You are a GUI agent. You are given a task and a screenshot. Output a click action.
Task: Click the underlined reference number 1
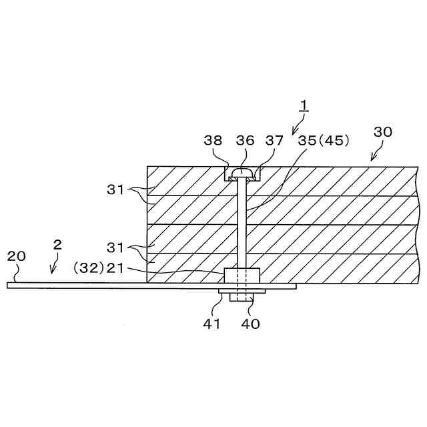click(304, 105)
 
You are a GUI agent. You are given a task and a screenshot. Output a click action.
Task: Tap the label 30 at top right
click(382, 132)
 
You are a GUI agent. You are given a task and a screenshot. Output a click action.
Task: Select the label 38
click(213, 141)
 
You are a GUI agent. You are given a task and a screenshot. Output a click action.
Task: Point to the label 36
click(246, 141)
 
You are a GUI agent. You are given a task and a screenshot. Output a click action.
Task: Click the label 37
click(274, 141)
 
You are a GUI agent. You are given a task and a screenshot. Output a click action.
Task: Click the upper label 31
click(117, 189)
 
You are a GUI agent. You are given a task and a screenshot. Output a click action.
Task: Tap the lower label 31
click(117, 248)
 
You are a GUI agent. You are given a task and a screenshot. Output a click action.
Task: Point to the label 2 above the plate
click(57, 245)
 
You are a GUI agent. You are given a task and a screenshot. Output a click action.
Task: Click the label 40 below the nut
click(251, 324)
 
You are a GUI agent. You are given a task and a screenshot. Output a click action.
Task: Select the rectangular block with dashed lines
click(242, 276)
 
